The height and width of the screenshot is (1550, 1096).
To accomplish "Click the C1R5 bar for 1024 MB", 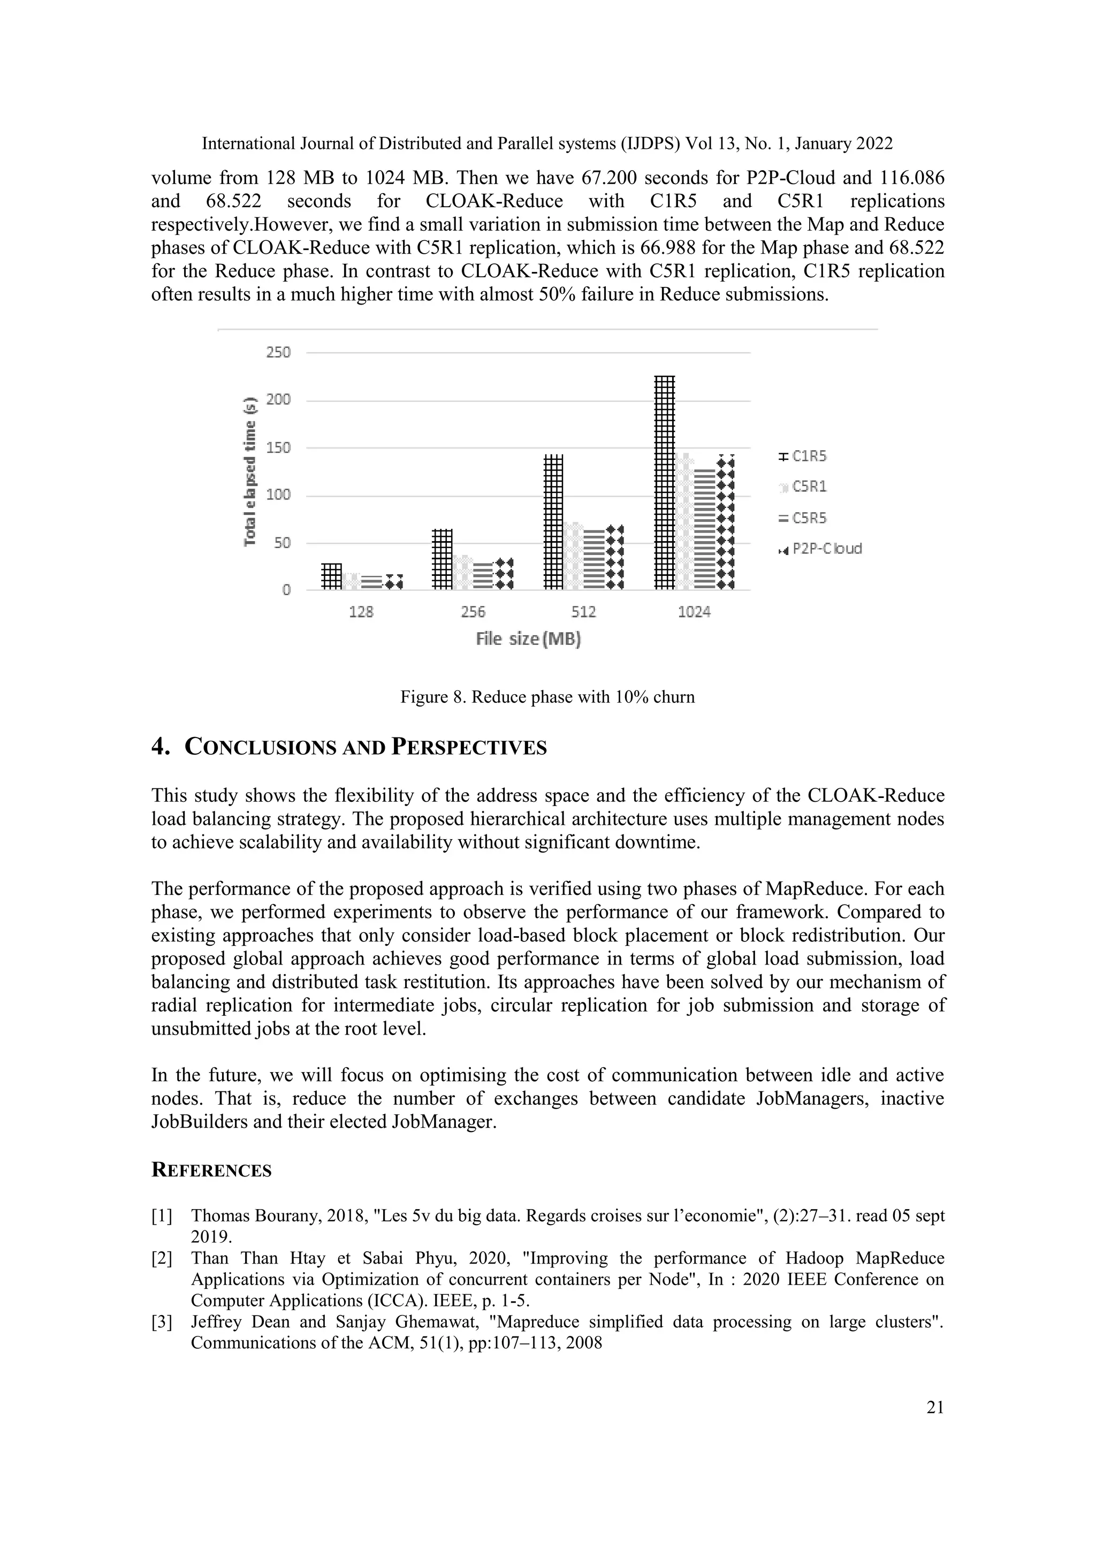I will [x=665, y=483].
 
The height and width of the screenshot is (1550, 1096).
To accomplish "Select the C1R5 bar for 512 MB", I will [x=553, y=522].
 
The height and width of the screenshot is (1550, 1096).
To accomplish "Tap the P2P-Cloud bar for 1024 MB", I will [x=726, y=523].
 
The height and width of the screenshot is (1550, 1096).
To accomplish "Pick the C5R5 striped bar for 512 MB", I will [x=595, y=560].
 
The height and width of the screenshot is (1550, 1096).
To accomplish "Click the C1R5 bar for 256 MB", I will [x=442, y=559].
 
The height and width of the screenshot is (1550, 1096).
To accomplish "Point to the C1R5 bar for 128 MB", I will [x=331, y=576].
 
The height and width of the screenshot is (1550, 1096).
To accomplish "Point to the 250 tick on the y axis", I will [x=279, y=352].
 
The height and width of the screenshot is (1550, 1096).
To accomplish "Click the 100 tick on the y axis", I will [x=279, y=495].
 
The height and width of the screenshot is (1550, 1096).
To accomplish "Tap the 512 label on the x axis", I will [x=584, y=612].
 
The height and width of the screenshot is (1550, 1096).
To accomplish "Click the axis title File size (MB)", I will [x=528, y=639].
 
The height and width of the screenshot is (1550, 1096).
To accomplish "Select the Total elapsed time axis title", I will [x=250, y=471].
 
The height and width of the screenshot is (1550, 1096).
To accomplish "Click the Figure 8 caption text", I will [x=547, y=697].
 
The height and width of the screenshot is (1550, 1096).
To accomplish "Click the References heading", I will [x=211, y=1170].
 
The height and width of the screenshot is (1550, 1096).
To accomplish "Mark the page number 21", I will [x=935, y=1407].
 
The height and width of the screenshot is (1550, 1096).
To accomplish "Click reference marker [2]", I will [x=162, y=1258].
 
